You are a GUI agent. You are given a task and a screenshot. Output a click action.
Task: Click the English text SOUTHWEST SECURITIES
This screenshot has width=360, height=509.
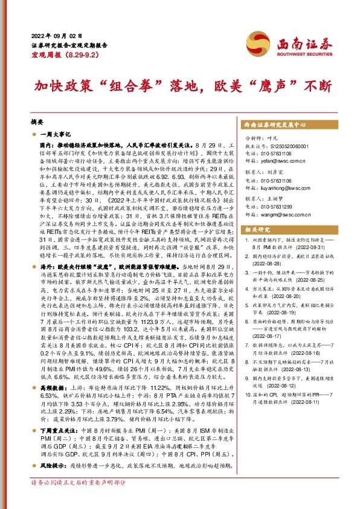pos(310,53)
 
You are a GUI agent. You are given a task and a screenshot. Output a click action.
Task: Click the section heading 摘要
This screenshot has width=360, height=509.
pos(37,121)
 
